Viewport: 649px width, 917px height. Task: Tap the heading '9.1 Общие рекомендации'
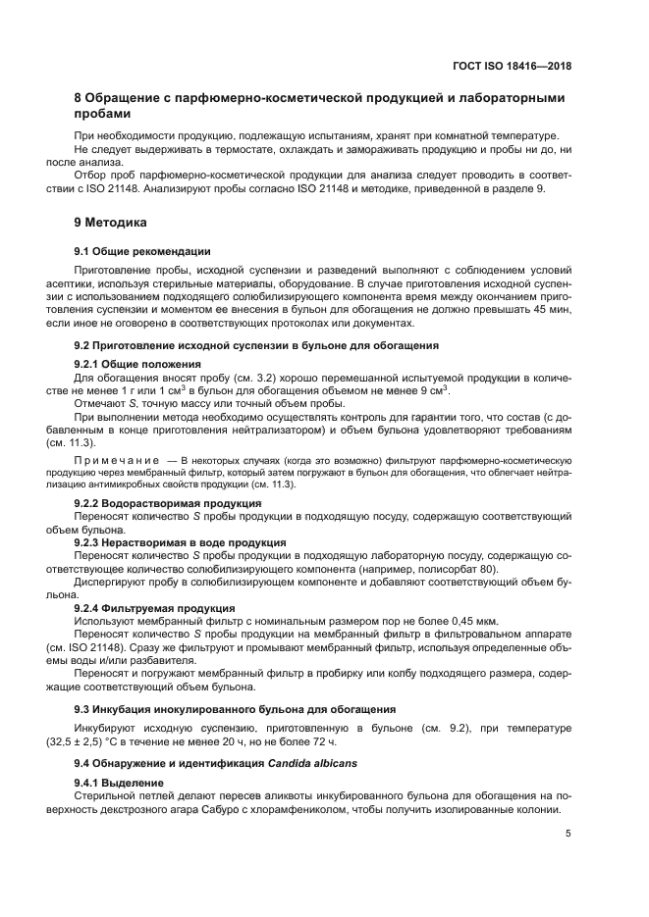tap(142, 251)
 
